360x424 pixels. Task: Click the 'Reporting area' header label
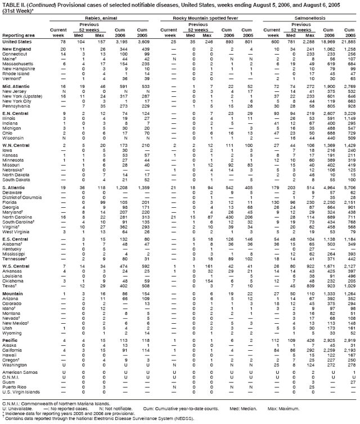point(16,34)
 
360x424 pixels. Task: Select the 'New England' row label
point(17,50)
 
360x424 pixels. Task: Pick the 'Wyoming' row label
point(13,333)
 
